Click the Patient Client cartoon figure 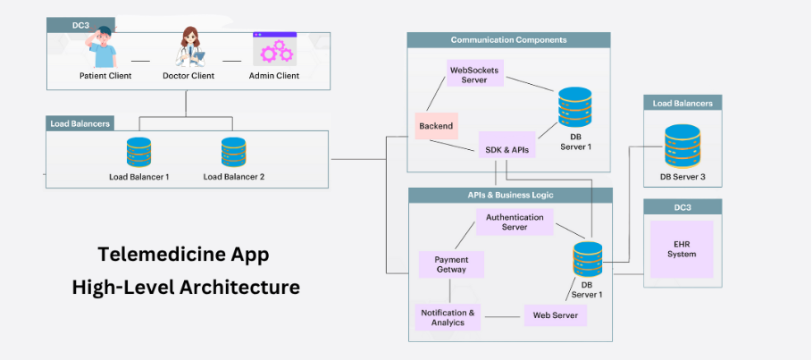[x=103, y=47]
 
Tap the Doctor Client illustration [x=188, y=46]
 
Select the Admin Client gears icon [x=274, y=47]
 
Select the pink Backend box [x=437, y=126]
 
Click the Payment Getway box [x=451, y=264]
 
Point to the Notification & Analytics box [x=448, y=316]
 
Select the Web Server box [x=555, y=315]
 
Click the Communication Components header [x=508, y=40]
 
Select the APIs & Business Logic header [x=510, y=195]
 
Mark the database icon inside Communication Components [x=574, y=107]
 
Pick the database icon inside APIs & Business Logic [x=587, y=258]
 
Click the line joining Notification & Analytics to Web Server [x=503, y=315]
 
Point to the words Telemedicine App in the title [x=183, y=255]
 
